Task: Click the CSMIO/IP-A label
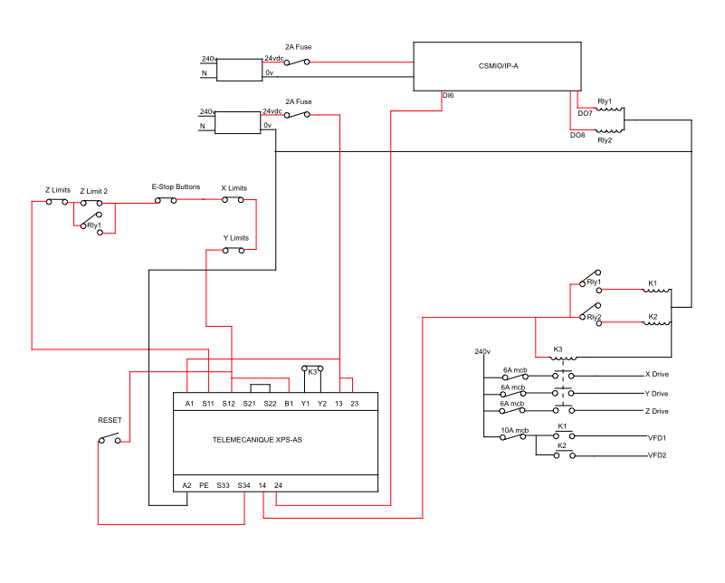coord(498,66)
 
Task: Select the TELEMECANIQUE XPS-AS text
coord(257,440)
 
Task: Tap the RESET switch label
coord(110,420)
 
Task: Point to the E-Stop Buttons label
coord(176,186)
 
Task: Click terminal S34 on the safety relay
coord(243,485)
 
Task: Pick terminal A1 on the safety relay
coord(189,404)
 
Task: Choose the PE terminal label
coord(204,485)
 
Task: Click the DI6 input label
coord(448,96)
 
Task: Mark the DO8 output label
coord(577,135)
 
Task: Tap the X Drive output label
coord(656,375)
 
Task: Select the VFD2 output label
coord(657,455)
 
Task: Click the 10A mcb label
coord(515,430)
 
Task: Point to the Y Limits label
coord(236,238)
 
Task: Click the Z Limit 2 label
coord(94,191)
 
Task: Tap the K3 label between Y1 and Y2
coord(312,372)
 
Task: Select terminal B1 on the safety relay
coord(289,404)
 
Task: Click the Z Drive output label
coord(656,412)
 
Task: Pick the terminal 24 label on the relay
coord(278,485)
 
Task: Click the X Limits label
coord(234,188)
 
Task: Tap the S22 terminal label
coord(270,404)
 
